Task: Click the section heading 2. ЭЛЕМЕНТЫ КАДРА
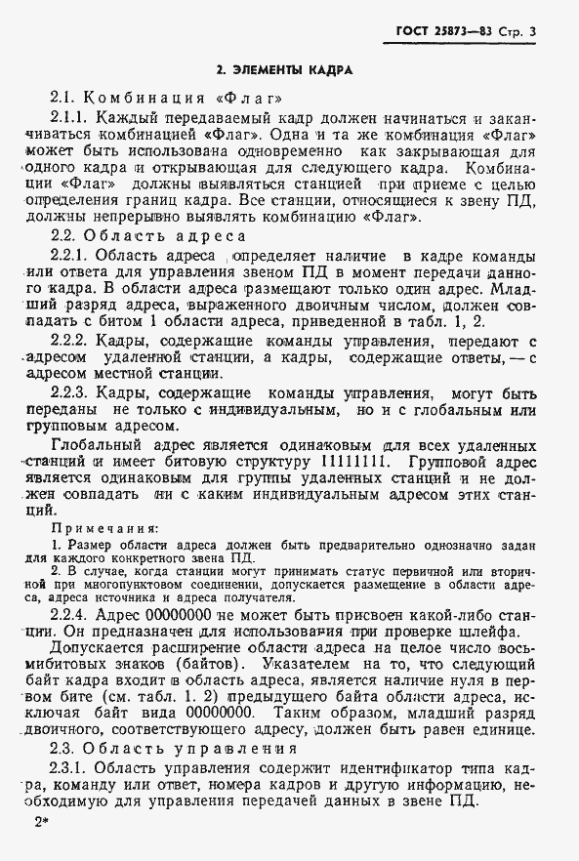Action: coord(284,70)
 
